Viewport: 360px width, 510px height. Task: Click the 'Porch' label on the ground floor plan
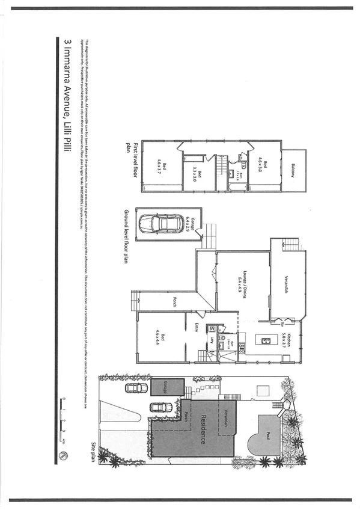point(174,303)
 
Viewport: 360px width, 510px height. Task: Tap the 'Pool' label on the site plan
point(270,432)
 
